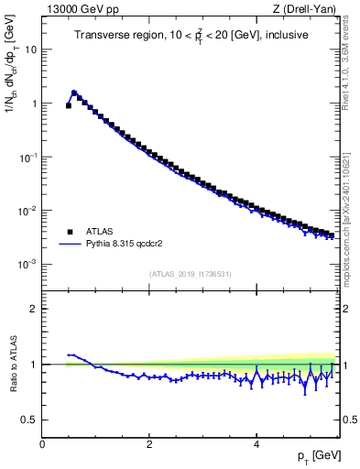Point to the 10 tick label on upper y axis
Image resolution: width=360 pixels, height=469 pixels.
pos(30,49)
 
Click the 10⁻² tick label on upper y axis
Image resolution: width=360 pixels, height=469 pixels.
pos(27,210)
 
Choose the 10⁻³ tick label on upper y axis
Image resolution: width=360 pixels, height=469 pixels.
pos(27,263)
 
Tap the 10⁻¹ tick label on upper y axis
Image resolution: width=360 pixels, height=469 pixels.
pos(27,157)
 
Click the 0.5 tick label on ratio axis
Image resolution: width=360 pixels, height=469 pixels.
pos(28,420)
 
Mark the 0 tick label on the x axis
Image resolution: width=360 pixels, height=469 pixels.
pos(42,444)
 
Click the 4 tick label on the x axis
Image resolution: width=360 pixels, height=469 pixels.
pos(256,444)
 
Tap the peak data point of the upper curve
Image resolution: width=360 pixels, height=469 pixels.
pos(74,93)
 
